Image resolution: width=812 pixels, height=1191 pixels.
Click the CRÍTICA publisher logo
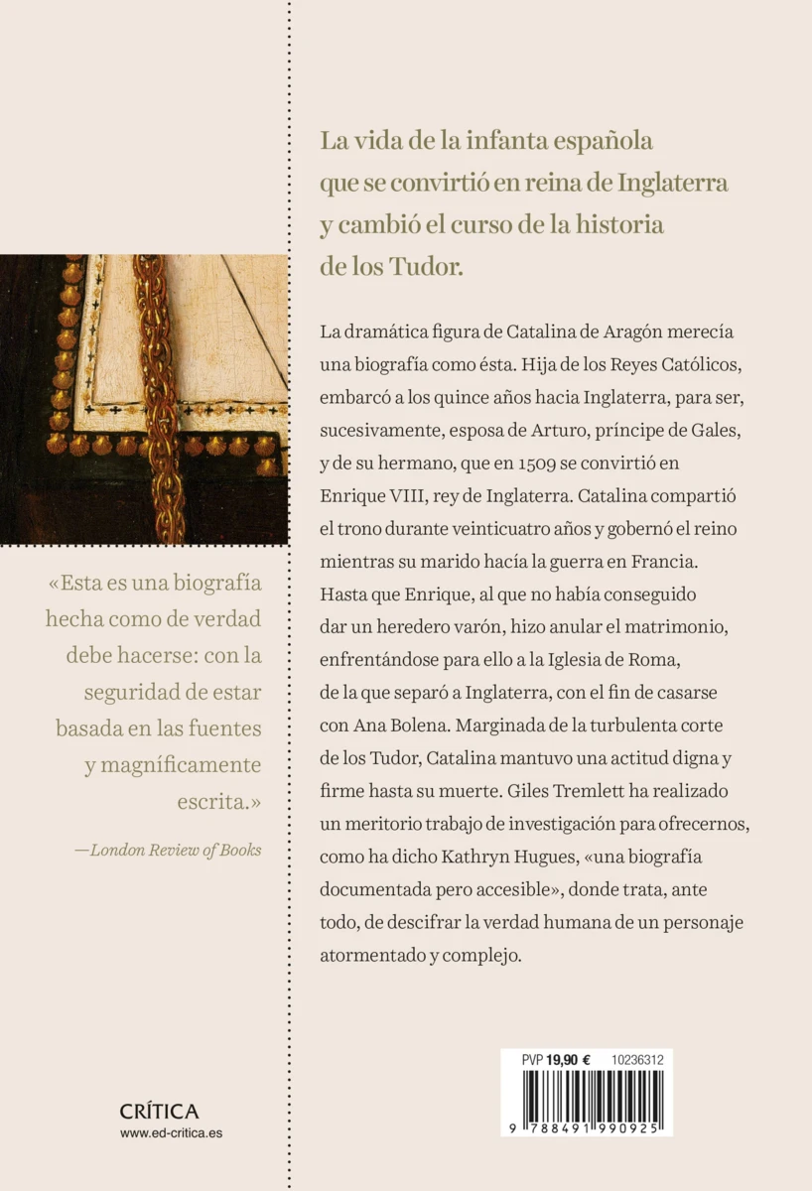click(159, 1112)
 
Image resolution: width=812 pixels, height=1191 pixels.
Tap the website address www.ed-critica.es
click(171, 1133)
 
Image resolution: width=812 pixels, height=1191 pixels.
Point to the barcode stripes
click(586, 1096)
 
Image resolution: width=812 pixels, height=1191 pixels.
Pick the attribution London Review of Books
click(176, 850)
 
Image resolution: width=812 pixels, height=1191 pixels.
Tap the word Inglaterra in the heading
click(673, 183)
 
